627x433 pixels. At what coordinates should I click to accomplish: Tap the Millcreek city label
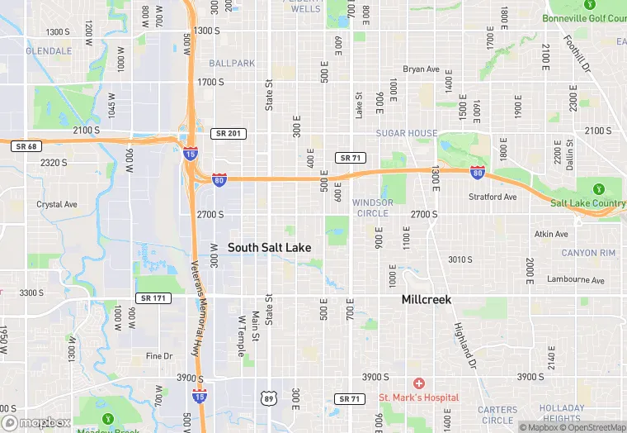click(x=427, y=299)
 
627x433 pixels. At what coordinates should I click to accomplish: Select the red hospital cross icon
click(x=419, y=383)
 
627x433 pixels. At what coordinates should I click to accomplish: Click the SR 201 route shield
click(x=229, y=133)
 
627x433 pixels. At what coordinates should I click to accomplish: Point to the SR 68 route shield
click(x=26, y=146)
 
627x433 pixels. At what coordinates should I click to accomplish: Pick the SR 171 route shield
click(x=153, y=297)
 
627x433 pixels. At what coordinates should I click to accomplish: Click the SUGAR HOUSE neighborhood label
click(x=407, y=133)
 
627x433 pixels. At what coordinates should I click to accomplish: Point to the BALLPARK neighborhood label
click(x=232, y=63)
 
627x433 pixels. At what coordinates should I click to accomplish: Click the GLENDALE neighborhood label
click(x=49, y=50)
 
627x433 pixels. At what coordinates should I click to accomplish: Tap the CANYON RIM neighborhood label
click(x=588, y=253)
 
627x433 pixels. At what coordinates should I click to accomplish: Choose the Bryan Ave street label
click(x=421, y=69)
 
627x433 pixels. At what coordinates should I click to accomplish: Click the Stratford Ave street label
click(x=493, y=197)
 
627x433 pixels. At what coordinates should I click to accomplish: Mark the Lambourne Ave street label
click(x=576, y=280)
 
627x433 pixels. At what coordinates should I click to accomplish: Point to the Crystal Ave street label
click(x=57, y=204)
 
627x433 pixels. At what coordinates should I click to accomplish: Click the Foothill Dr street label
click(x=577, y=54)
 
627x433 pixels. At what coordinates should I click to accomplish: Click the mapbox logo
click(x=36, y=422)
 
